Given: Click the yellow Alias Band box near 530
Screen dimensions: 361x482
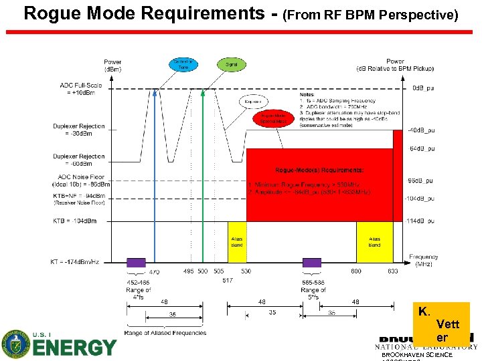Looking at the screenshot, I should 237,241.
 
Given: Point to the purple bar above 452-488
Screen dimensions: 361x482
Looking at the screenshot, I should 137,263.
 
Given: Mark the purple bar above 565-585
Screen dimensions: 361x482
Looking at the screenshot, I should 313,263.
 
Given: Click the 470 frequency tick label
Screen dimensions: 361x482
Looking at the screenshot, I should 155,272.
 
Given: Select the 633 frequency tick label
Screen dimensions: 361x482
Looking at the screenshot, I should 392,271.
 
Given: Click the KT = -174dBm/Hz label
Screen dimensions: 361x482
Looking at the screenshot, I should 74,262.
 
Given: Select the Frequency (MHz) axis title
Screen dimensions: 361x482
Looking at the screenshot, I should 424,261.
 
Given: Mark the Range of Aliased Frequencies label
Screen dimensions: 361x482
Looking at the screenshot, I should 165,333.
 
